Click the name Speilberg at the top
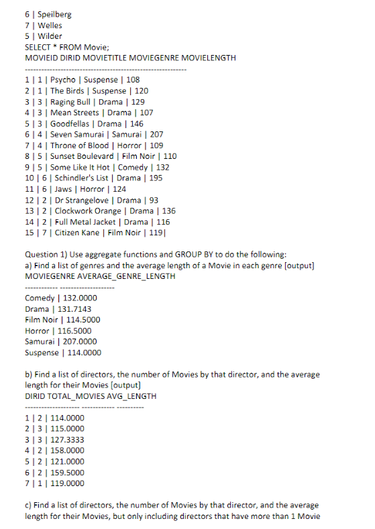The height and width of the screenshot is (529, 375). (53, 14)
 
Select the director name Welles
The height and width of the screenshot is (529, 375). (50, 25)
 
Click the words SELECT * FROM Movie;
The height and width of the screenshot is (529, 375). (62, 47)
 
